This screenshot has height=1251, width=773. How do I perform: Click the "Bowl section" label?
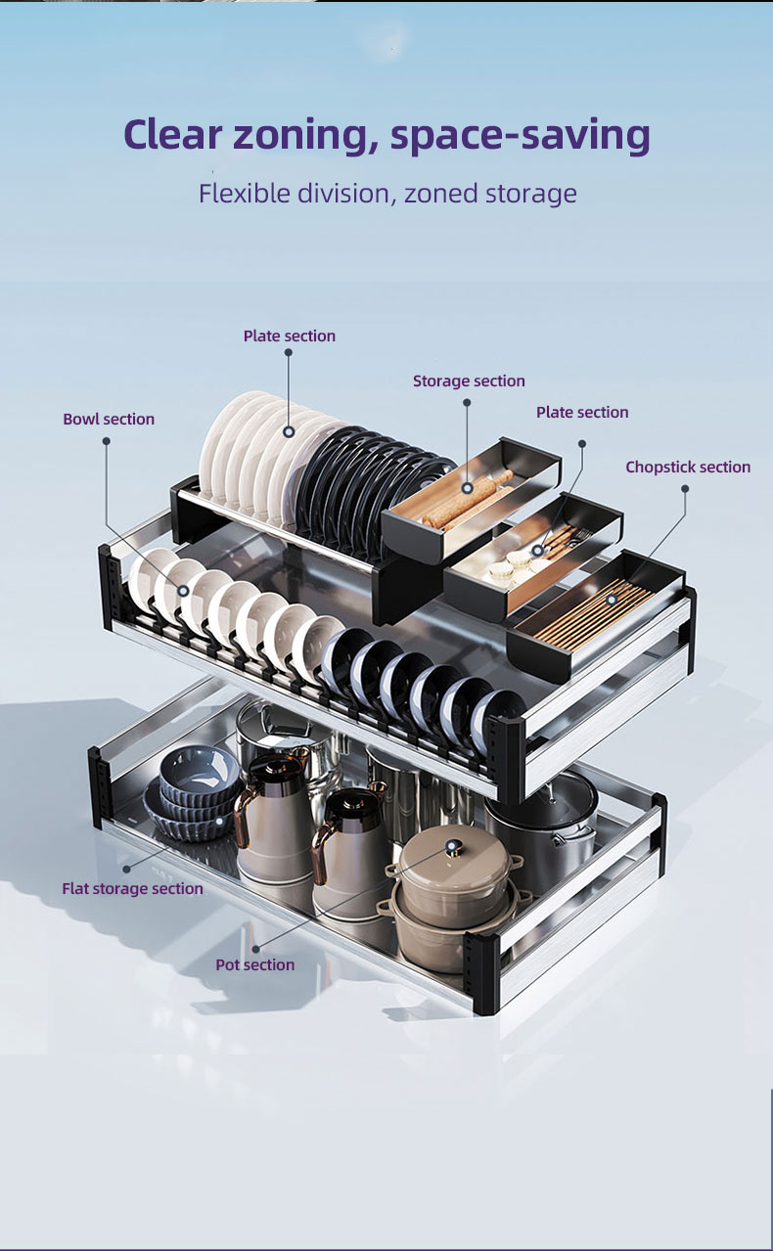109,419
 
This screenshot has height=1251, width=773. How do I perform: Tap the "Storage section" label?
469,380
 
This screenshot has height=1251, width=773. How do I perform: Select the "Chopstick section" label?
688,467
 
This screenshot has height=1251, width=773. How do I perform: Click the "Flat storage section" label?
132,888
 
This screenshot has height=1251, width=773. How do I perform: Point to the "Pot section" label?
255,965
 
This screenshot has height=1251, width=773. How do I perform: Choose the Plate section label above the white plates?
290,335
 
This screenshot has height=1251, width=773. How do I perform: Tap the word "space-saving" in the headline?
520,136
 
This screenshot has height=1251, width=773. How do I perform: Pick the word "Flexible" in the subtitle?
245,194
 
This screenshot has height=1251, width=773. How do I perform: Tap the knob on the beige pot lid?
452,847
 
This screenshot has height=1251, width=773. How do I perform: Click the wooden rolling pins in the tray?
468,499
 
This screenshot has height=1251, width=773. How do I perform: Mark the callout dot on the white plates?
289,431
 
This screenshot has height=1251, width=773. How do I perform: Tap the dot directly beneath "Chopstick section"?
685,489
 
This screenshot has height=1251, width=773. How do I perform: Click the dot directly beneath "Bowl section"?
106,441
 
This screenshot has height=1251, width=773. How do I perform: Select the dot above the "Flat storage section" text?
127,869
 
